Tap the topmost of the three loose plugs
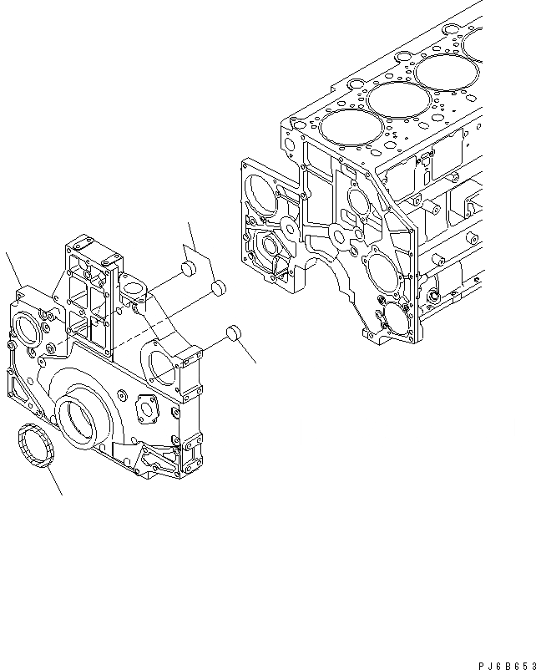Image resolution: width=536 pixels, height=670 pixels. [x=188, y=270]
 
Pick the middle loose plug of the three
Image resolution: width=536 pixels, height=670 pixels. [x=219, y=288]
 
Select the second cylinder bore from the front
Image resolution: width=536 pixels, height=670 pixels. [x=392, y=99]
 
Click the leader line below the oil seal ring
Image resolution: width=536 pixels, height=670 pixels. [x=53, y=480]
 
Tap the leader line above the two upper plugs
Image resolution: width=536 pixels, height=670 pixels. [x=192, y=238]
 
